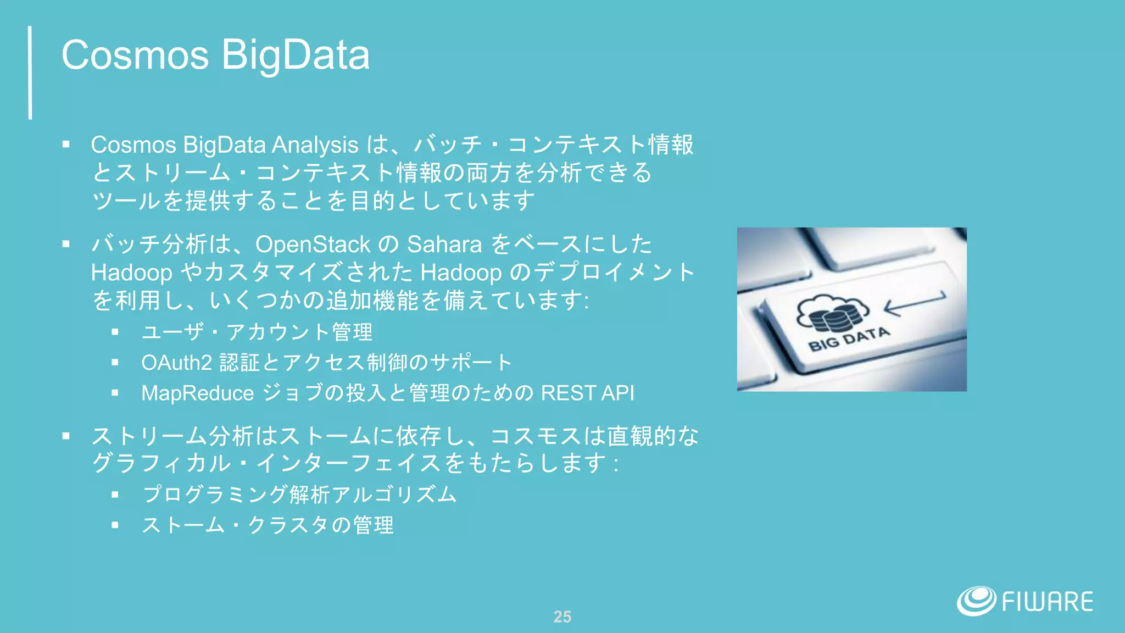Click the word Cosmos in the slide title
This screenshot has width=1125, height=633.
click(x=135, y=55)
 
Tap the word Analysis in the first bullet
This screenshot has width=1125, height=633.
click(x=315, y=145)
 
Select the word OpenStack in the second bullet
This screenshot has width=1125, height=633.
click(x=313, y=245)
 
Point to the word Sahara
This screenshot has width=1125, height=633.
click(x=444, y=245)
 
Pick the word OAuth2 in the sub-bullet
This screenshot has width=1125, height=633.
click(x=176, y=363)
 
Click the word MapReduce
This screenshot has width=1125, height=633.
click(x=197, y=393)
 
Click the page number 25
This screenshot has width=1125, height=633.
click(x=562, y=617)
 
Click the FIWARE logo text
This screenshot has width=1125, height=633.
click(x=1047, y=602)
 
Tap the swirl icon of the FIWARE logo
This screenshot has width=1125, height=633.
click(x=976, y=601)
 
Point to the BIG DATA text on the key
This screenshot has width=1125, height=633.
click(x=849, y=338)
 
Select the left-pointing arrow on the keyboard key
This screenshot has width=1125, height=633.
click(x=915, y=303)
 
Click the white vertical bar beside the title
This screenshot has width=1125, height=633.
click(x=30, y=73)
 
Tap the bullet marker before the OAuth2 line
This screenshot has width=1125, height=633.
click(x=115, y=363)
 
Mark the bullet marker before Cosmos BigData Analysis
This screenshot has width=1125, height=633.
click(x=66, y=145)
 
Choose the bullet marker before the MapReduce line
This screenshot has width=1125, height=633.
click(x=115, y=393)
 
